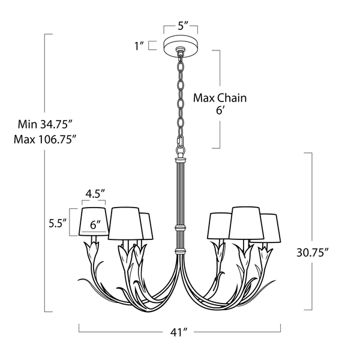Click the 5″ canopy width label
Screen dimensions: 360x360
(180, 26)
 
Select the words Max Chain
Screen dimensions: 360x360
(220, 97)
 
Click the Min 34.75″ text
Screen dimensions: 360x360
(45, 125)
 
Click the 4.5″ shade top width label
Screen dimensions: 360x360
(95, 193)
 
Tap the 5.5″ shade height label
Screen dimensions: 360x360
(57, 223)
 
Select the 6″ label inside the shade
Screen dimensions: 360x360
(95, 225)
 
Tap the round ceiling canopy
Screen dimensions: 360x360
(180, 46)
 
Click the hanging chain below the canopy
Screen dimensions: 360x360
(180, 96)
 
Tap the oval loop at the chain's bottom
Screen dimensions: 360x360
(180, 146)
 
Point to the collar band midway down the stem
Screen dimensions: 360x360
(179, 228)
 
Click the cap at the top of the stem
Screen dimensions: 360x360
(179, 160)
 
